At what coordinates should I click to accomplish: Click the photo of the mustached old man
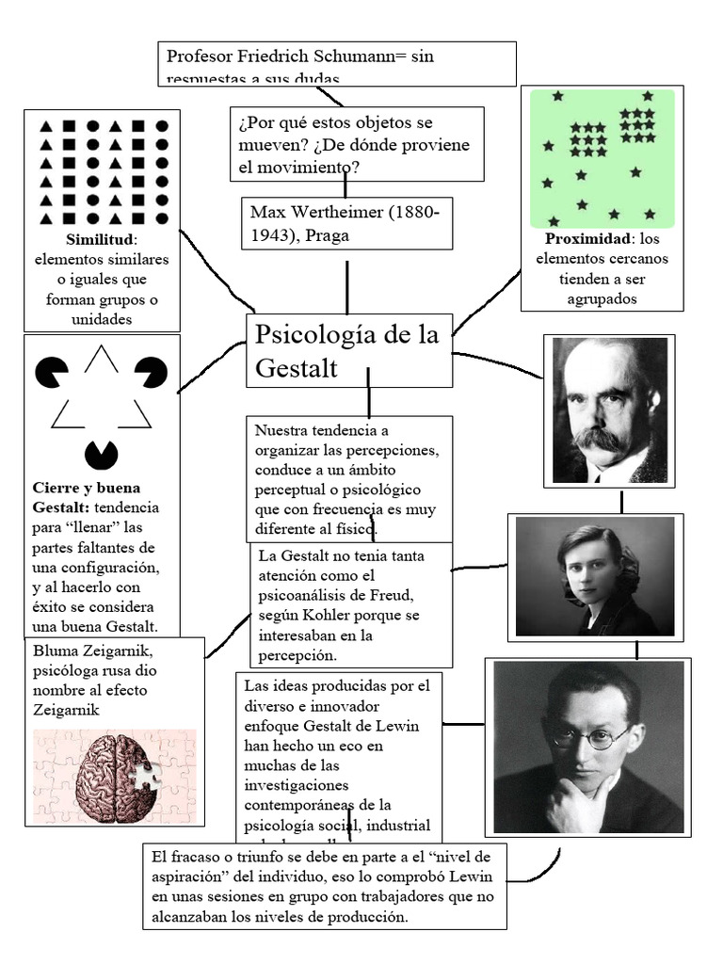tap(608, 410)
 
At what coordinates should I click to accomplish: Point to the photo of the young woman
tap(594, 574)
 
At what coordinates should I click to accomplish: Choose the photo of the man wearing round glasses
tap(587, 747)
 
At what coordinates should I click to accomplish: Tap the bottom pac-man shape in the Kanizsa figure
tap(102, 455)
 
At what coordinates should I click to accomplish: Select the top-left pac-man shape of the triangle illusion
tap(52, 372)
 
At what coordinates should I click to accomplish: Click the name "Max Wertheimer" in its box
tap(314, 212)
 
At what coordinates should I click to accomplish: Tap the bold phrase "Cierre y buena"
tap(86, 488)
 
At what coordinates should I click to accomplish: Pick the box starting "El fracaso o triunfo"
tap(325, 886)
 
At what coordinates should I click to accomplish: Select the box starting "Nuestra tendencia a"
tap(349, 478)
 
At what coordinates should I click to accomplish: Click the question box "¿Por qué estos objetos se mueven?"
tap(356, 144)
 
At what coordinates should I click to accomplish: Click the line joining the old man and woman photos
tap(620, 501)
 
